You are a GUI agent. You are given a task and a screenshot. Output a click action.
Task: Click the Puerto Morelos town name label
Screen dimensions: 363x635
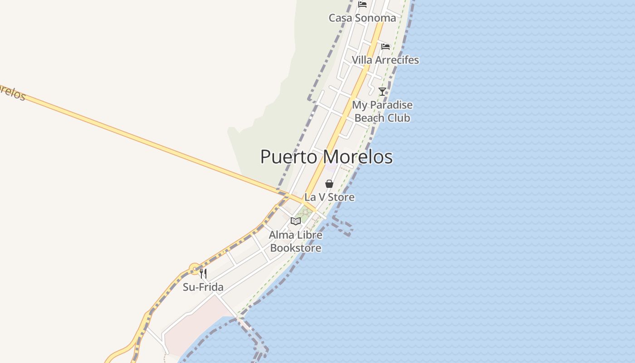[326, 157]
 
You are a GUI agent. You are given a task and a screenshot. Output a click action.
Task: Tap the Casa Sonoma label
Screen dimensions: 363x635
[362, 18]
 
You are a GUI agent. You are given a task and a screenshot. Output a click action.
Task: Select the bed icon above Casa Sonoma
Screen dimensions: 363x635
[362, 5]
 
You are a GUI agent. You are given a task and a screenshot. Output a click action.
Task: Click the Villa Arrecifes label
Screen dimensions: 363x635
[385, 60]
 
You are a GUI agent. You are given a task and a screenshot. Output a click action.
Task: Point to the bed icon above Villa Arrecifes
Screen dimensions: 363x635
[386, 46]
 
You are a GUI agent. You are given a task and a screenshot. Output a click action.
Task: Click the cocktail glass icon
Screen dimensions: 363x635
[382, 91]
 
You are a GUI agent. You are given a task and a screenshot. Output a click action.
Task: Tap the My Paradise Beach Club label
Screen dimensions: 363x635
[382, 111]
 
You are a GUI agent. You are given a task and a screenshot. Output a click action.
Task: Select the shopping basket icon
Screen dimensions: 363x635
[329, 184]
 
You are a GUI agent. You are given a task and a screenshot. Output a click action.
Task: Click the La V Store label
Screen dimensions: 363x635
[329, 197]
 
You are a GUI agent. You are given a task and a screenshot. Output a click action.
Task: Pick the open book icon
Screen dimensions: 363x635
[296, 221]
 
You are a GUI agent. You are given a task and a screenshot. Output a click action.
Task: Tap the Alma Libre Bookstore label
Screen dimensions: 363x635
[296, 241]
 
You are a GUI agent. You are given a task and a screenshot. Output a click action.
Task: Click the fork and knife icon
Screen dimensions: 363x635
[203, 274]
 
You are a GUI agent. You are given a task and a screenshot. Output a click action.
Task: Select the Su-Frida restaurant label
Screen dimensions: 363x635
[203, 287]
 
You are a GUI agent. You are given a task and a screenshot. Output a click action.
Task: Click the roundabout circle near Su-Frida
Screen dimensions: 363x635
[195, 269]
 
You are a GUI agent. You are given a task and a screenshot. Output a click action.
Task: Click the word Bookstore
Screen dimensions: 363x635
[296, 248]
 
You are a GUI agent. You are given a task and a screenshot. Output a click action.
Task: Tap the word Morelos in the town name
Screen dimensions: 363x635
[359, 157]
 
